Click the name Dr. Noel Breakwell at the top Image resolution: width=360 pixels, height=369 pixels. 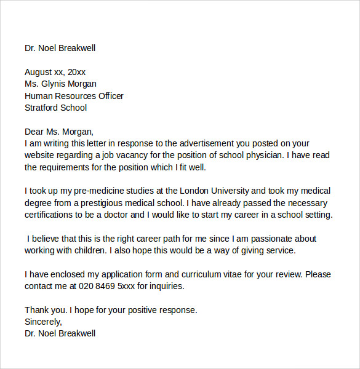tap(60, 48)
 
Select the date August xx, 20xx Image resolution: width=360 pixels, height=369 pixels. tap(55, 72)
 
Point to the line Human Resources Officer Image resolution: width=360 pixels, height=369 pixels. tap(74, 96)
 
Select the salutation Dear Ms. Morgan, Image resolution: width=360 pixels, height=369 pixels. tap(59, 131)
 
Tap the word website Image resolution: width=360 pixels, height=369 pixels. tap(41, 155)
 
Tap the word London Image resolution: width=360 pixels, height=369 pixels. tap(192, 191)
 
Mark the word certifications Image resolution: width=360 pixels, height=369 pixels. tap(53, 215)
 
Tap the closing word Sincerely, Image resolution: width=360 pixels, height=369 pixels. tap(44, 322)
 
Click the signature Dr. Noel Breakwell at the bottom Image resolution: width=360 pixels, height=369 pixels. tap(60, 333)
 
